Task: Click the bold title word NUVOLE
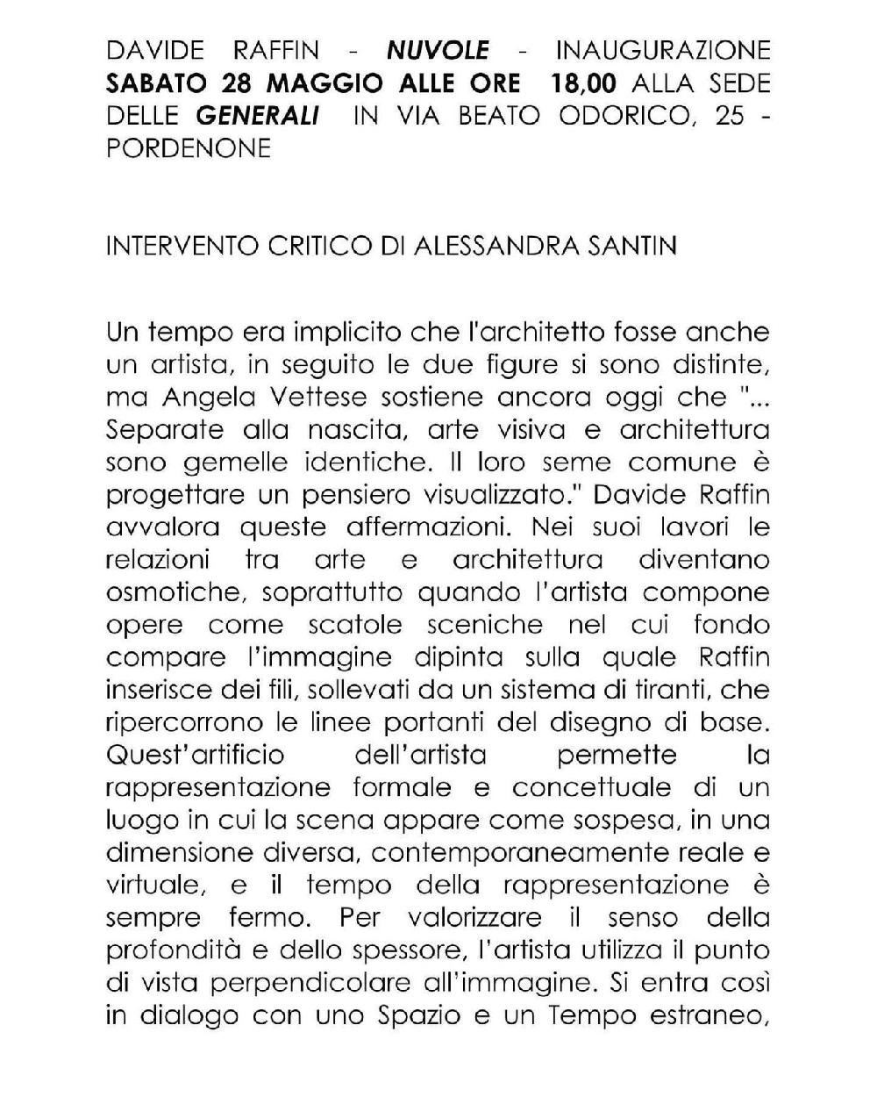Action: [438, 50]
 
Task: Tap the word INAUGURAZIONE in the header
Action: [663, 50]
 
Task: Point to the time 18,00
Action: [584, 83]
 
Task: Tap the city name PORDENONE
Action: [188, 148]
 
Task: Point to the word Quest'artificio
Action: [195, 755]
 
